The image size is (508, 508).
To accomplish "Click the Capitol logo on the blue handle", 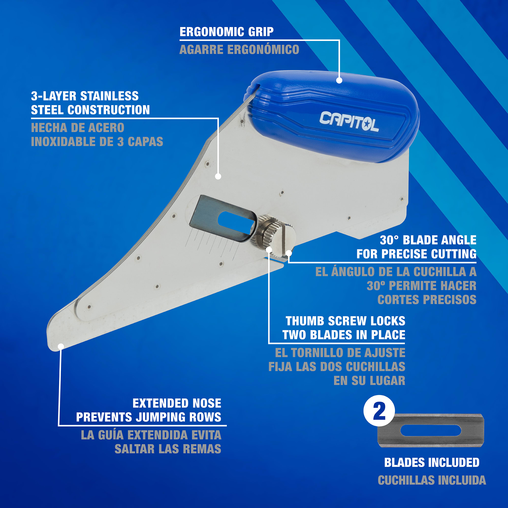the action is click(x=349, y=121).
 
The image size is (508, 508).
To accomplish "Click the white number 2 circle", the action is click(x=379, y=411).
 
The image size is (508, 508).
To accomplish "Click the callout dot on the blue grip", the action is click(x=339, y=81).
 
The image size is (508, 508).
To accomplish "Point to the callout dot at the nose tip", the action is click(x=61, y=346).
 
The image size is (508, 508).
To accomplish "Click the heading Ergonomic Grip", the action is click(x=226, y=32).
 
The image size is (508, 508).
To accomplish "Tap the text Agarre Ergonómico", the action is click(x=239, y=50).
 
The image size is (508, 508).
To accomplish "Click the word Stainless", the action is click(x=109, y=96).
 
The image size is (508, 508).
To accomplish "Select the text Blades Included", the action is click(x=432, y=470).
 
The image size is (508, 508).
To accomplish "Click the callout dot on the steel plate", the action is click(x=218, y=177).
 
